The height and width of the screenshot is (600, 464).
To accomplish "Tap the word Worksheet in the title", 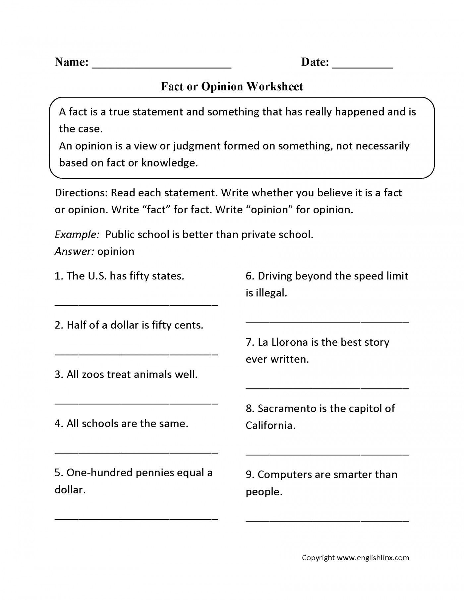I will [274, 87].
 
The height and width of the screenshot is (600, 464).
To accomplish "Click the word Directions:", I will [81, 193].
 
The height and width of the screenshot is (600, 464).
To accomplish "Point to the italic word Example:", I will [77, 235].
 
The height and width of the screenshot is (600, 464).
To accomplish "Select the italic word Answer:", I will [75, 252].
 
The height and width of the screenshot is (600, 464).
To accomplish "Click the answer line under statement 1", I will [136, 305].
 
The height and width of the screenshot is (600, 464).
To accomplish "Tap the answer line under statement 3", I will [136, 403].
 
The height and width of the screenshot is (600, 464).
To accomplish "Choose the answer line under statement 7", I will [327, 387].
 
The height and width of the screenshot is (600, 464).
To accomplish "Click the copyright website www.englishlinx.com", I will [373, 558].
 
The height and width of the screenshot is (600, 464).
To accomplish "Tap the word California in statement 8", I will [270, 425].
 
